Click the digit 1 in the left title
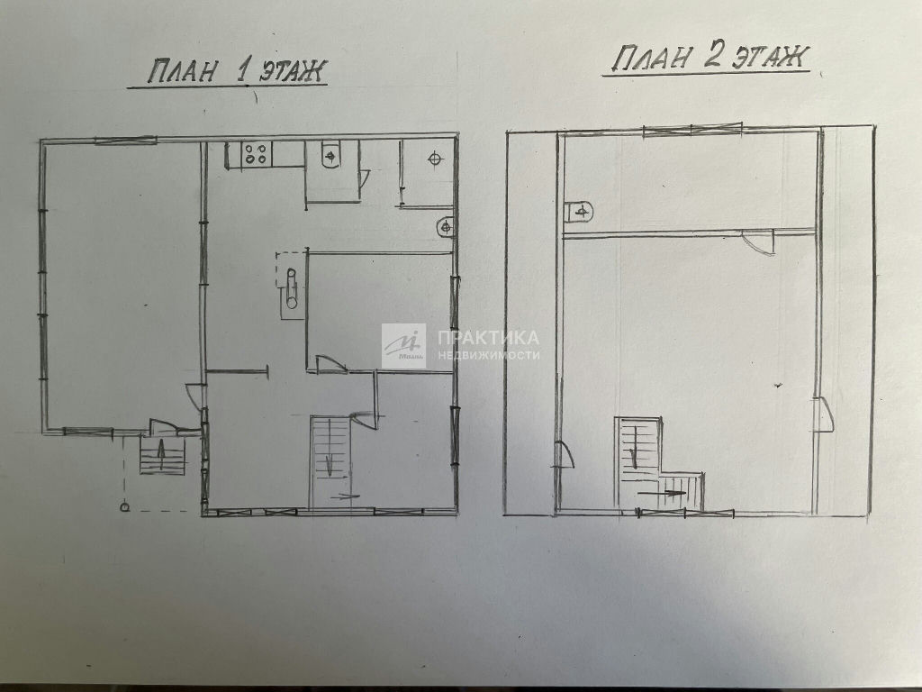pyautogui.click(x=241, y=71)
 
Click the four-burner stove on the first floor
pyautogui.click(x=256, y=155)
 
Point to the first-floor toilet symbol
pyautogui.click(x=330, y=156)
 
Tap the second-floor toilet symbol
pyautogui.click(x=580, y=212)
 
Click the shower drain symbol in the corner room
pyautogui.click(x=435, y=158)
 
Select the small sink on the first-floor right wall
pyautogui.click(x=447, y=226)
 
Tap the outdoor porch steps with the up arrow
pyautogui.click(x=162, y=455)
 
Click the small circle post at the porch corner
pyautogui.click(x=124, y=506)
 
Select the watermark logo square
pyautogui.click(x=403, y=346)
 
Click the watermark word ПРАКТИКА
pyautogui.click(x=488, y=338)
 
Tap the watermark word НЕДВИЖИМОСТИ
pyautogui.click(x=488, y=355)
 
